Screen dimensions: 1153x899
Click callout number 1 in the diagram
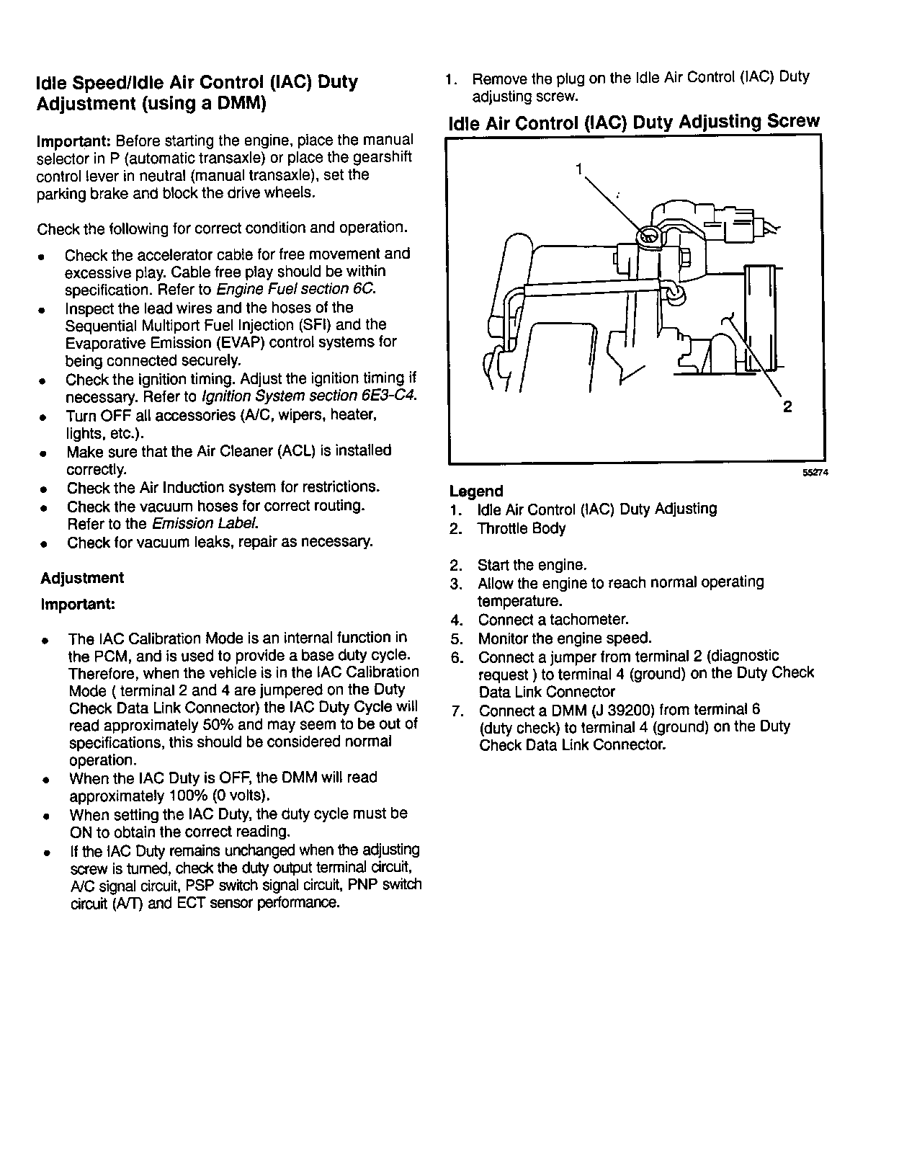click(x=579, y=169)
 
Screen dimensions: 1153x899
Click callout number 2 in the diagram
click(x=787, y=406)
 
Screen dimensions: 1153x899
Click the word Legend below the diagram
click(x=476, y=491)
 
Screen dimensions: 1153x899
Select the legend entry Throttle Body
click(x=522, y=528)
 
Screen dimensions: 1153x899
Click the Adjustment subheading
click(x=82, y=578)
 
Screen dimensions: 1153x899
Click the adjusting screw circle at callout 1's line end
click(x=648, y=236)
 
